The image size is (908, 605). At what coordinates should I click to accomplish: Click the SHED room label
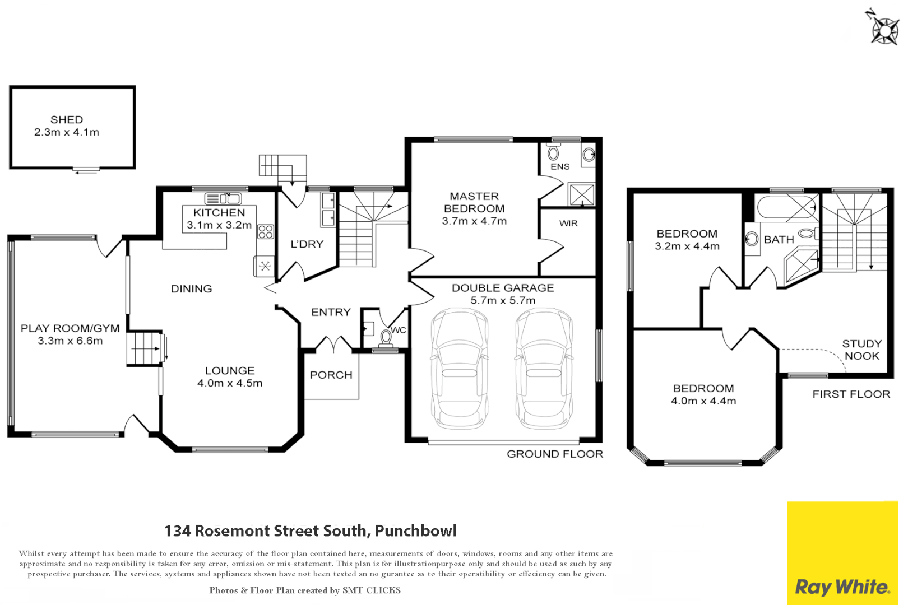67,120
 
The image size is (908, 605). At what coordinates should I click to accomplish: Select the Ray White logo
842,587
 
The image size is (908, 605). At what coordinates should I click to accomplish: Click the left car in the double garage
459,369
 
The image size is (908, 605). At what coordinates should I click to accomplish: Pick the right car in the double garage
544,369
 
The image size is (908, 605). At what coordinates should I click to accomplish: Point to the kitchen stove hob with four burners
265,232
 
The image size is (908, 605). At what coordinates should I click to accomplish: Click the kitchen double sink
223,198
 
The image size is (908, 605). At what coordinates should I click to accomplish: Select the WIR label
568,224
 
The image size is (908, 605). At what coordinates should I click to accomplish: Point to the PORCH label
331,375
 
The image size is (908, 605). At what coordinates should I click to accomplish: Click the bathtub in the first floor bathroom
786,208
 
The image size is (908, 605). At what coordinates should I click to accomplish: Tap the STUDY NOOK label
861,350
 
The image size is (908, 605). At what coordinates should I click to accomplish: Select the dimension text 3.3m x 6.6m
70,341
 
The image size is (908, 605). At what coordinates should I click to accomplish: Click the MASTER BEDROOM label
474,202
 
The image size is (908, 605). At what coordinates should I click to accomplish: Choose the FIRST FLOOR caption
851,394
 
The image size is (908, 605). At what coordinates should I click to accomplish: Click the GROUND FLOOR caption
554,454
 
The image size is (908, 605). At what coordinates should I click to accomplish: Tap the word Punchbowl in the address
415,530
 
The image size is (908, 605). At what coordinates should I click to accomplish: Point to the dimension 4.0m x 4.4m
703,401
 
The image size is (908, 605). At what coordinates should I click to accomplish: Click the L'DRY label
307,244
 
